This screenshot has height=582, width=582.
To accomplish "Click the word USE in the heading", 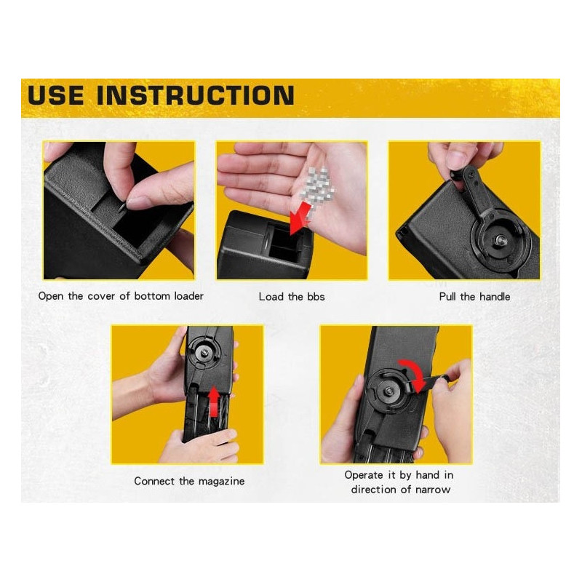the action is click(x=56, y=95).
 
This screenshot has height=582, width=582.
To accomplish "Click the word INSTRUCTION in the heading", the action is click(x=196, y=95).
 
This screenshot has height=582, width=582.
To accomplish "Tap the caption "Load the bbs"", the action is click(x=292, y=297).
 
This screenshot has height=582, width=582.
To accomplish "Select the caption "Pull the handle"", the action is click(x=474, y=297).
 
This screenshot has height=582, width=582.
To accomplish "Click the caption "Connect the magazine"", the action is click(x=189, y=481).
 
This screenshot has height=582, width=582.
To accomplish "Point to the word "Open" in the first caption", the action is click(x=51, y=296).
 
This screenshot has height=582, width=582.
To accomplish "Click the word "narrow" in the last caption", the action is click(x=433, y=490).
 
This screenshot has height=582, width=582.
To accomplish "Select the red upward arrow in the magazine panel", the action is click(x=213, y=402).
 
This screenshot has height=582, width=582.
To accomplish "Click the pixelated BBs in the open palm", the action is click(x=319, y=186).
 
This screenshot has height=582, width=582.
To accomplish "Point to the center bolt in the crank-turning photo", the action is click(x=388, y=391).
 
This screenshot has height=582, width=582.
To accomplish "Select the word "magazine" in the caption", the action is click(x=222, y=482).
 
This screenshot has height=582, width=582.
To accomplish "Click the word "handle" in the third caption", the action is click(x=495, y=297).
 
